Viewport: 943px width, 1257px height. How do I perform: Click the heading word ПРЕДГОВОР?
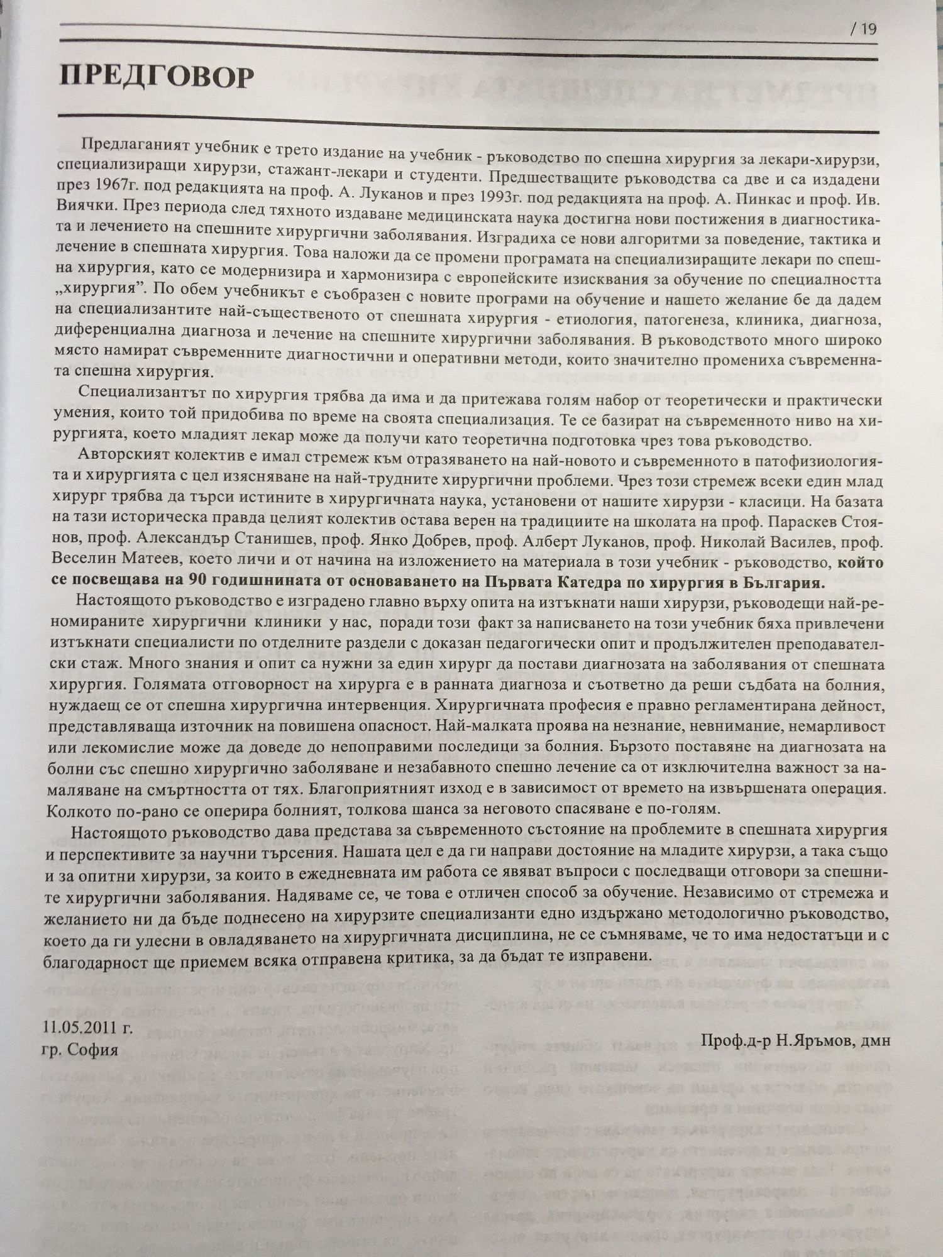pos(157,77)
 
